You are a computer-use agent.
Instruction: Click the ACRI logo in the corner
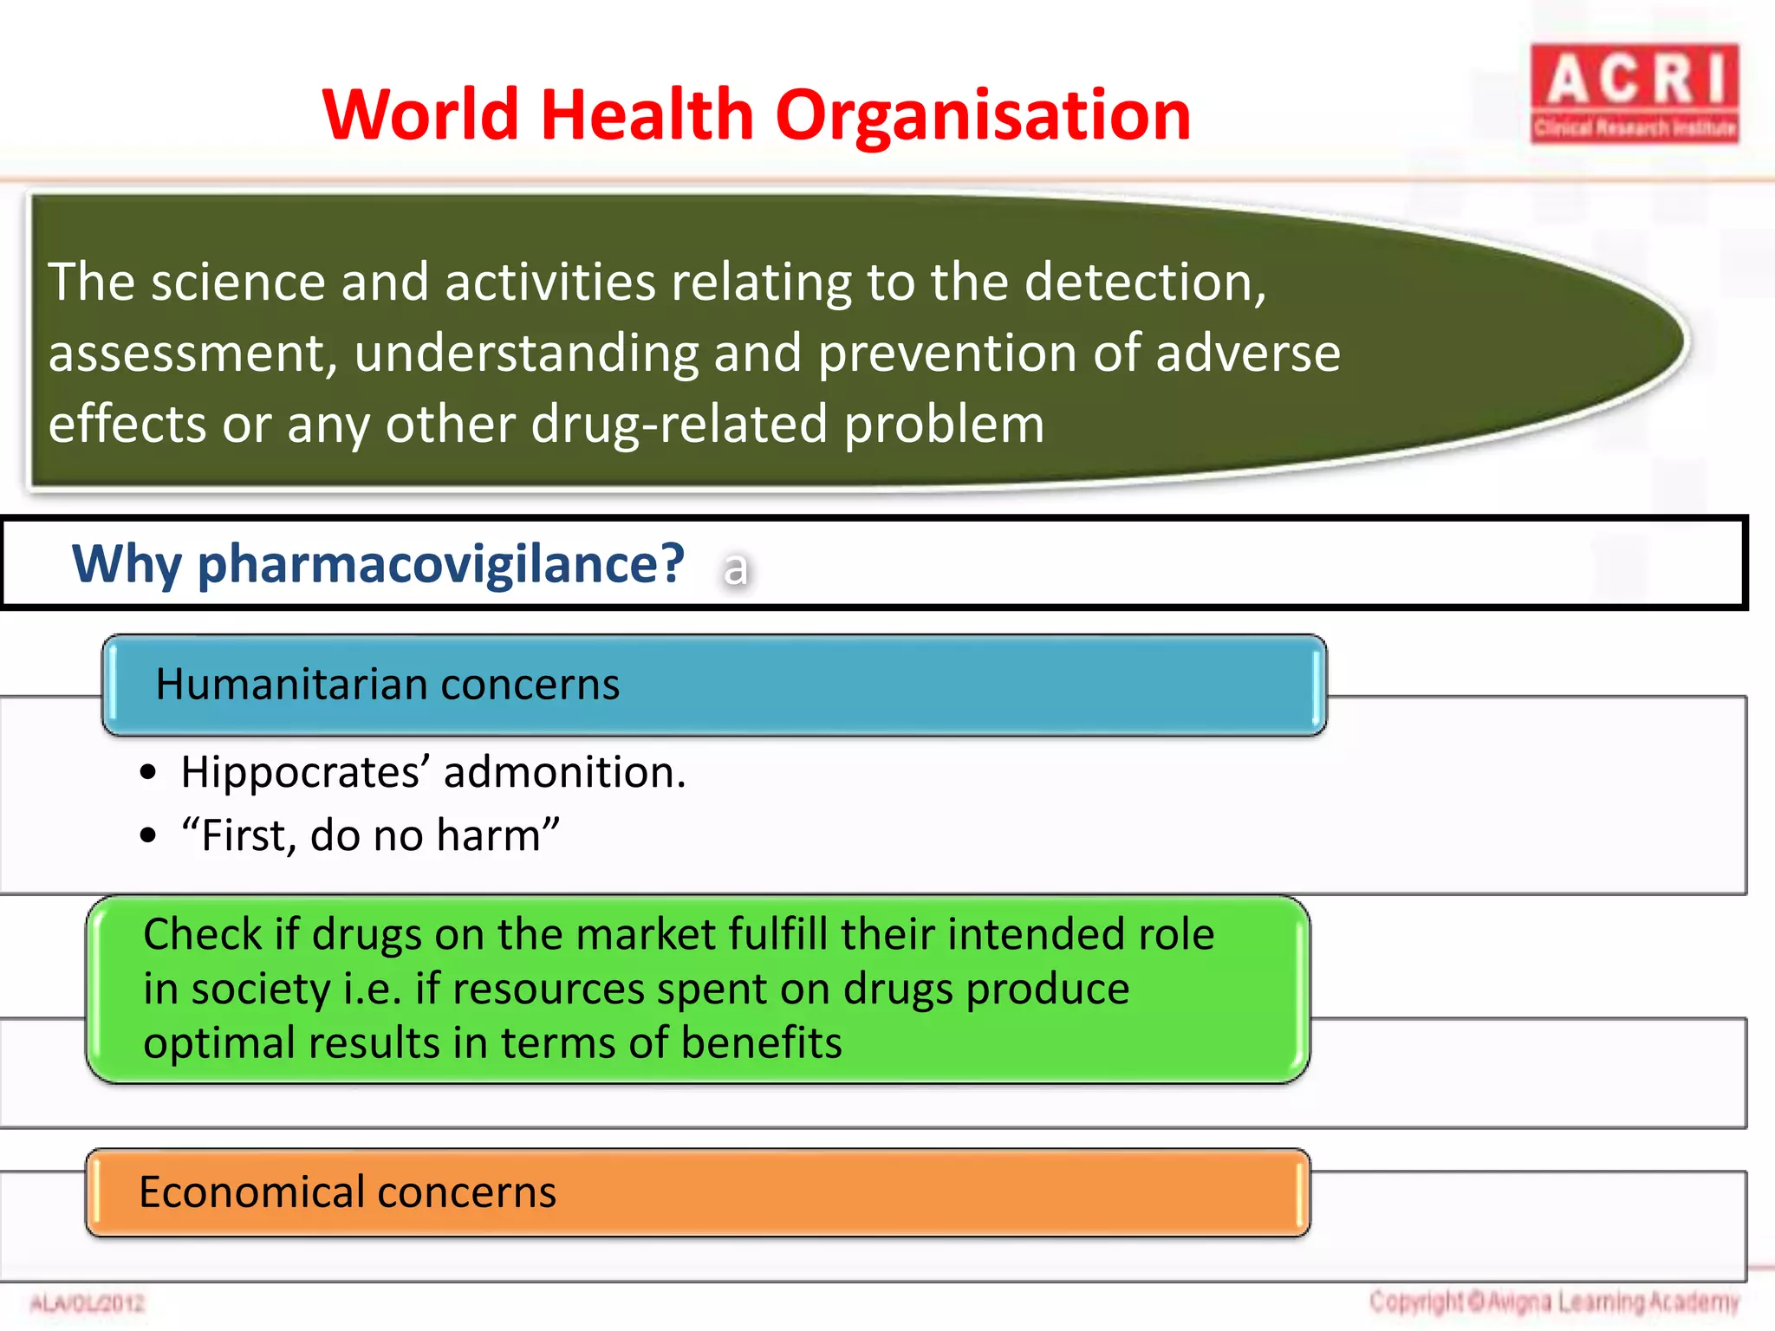pyautogui.click(x=1634, y=94)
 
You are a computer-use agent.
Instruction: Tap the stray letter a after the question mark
pyautogui.click(x=735, y=569)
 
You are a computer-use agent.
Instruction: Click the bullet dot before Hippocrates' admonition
pyautogui.click(x=148, y=772)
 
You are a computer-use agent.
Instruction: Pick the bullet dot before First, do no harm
pyautogui.click(x=148, y=835)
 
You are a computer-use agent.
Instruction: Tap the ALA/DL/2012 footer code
pyautogui.click(x=87, y=1302)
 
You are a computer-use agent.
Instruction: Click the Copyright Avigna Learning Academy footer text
pyautogui.click(x=1554, y=1302)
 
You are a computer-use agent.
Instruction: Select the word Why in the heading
pyautogui.click(x=127, y=564)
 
